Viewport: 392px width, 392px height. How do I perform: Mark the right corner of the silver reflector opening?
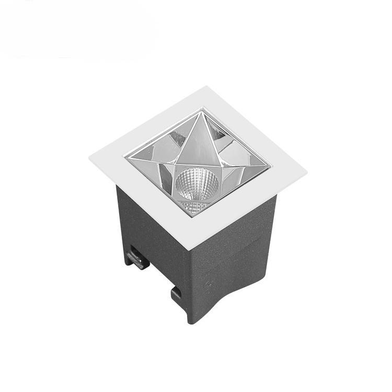tap(271, 167)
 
